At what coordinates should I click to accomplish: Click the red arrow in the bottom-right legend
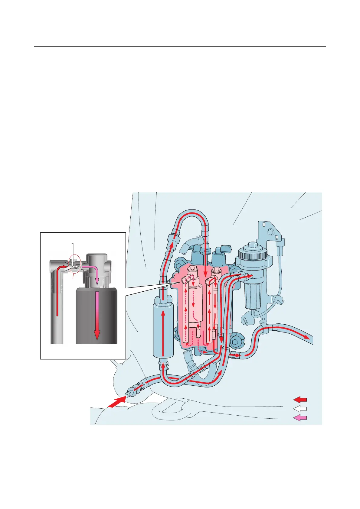tap(300, 399)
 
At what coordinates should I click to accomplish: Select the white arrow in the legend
tap(300, 409)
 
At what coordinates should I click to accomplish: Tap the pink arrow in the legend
tap(300, 418)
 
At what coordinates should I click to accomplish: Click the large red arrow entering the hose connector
tap(117, 402)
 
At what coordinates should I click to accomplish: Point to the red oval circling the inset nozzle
tap(75, 264)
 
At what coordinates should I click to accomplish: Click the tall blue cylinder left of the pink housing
tap(163, 329)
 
